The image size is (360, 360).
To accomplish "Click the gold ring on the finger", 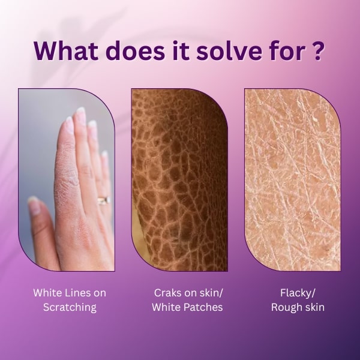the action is pos(104,200).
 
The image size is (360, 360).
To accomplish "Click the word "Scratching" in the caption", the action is pos(70,308).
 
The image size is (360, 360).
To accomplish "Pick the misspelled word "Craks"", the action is pos(166,293).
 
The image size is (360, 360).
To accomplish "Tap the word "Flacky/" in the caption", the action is pos(298,293).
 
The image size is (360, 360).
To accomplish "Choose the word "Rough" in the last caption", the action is pos(286,308).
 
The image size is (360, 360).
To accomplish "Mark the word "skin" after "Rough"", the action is pos(314,307).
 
